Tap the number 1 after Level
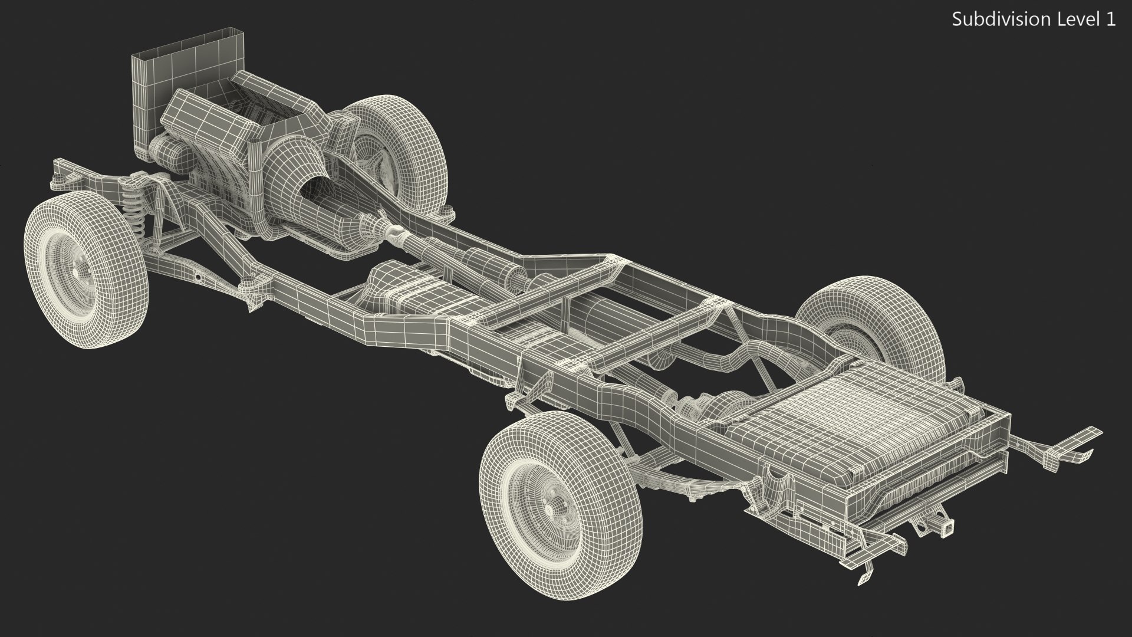[x=1110, y=19]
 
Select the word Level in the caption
[x=1070, y=19]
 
